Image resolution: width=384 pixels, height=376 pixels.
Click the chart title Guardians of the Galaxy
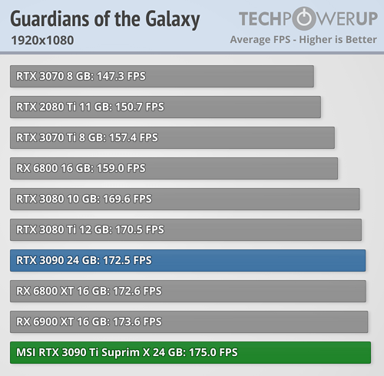(x=104, y=18)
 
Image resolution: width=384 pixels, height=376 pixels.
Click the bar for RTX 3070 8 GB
(x=162, y=76)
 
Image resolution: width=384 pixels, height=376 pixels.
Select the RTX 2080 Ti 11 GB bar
(x=165, y=107)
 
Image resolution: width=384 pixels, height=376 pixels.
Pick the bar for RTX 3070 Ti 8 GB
(x=172, y=137)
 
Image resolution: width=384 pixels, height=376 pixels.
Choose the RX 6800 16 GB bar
(x=174, y=168)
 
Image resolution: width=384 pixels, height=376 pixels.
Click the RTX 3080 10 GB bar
(x=184, y=199)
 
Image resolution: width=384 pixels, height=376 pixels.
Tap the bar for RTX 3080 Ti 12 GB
(x=185, y=229)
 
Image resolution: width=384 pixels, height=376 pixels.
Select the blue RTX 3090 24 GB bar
(x=187, y=260)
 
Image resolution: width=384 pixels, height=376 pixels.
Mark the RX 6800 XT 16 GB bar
(x=187, y=291)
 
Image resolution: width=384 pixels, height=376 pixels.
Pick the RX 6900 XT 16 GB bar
(x=188, y=322)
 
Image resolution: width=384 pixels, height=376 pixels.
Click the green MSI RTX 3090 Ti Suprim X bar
(x=190, y=352)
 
